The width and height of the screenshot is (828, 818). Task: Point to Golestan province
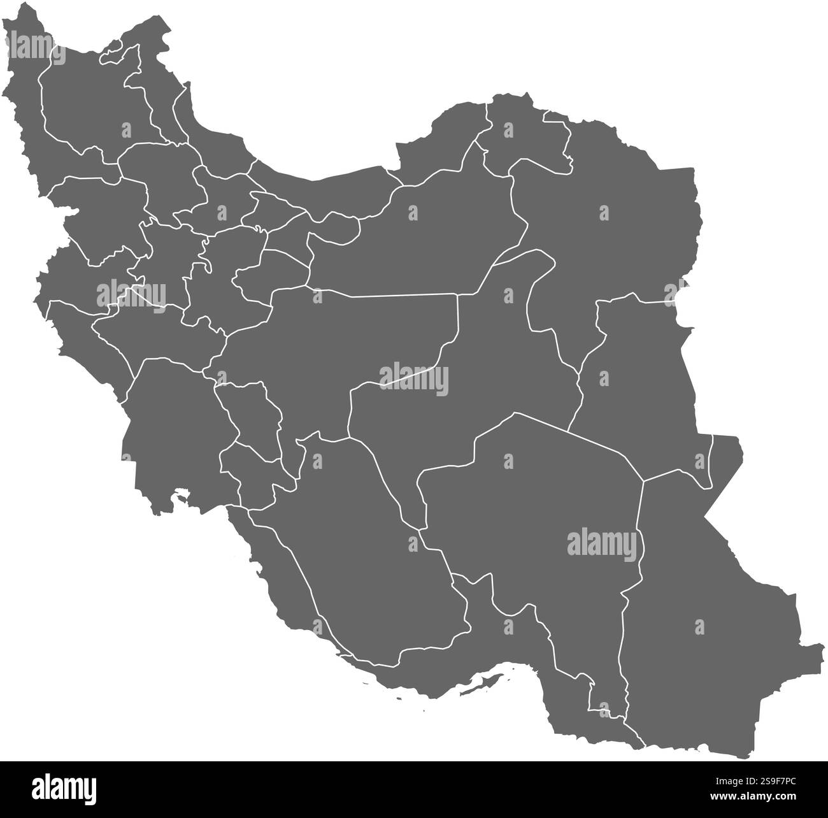tap(439, 147)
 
